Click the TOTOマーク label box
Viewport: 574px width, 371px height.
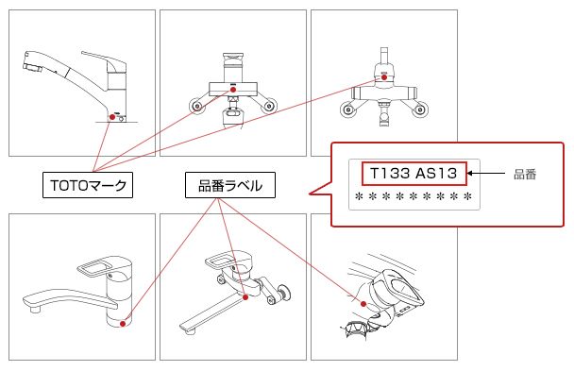point(88,185)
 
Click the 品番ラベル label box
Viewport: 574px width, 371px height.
point(230,185)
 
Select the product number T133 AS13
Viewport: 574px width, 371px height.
point(414,173)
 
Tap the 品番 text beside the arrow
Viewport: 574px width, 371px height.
point(525,175)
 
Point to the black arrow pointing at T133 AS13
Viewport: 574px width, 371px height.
point(486,174)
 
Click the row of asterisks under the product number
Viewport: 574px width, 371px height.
point(414,197)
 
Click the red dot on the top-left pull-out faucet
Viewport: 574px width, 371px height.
point(112,117)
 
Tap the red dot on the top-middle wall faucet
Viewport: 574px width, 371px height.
point(233,90)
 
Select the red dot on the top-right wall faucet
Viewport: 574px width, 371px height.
point(384,77)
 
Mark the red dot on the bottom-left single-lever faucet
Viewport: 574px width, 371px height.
point(123,324)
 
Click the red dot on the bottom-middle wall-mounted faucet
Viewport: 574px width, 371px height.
point(245,297)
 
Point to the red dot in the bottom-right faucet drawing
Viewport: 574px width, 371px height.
point(363,304)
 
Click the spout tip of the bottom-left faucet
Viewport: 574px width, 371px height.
point(35,310)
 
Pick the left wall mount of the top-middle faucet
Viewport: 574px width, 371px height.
point(197,106)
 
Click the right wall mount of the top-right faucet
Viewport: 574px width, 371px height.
point(419,110)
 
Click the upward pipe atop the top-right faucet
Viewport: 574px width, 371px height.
point(384,56)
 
